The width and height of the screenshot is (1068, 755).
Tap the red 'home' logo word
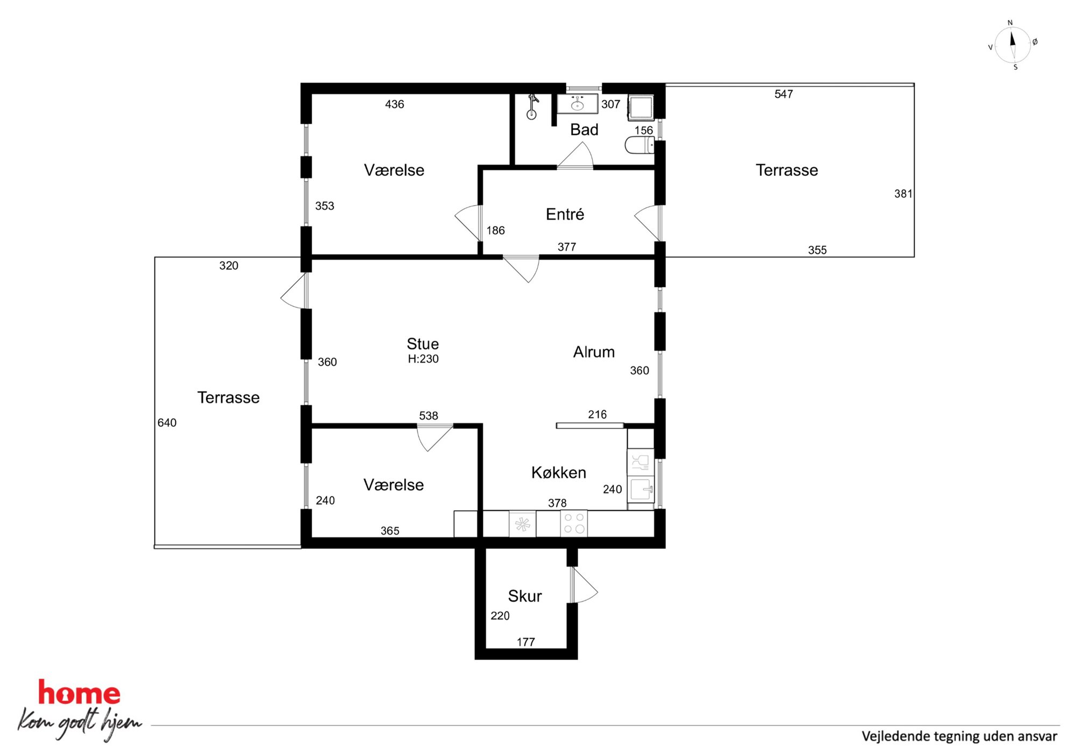(x=79, y=693)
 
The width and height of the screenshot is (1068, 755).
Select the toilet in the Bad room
(x=640, y=145)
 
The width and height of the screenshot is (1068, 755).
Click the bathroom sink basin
(x=577, y=104)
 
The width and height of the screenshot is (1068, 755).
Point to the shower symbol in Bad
(x=532, y=107)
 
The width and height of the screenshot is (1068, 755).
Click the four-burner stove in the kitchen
(x=574, y=524)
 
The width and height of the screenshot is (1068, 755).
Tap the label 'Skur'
(x=525, y=596)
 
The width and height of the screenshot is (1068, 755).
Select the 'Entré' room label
(x=565, y=214)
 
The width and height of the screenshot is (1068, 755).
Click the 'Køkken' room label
(x=559, y=472)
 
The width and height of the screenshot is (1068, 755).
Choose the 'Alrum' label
(x=594, y=352)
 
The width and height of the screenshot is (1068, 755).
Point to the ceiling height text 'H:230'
(x=423, y=359)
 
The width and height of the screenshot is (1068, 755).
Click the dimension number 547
(x=784, y=94)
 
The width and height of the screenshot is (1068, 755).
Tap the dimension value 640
(x=167, y=423)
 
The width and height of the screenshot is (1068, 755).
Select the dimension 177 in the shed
(x=526, y=642)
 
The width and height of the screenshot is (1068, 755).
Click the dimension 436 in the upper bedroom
(x=395, y=104)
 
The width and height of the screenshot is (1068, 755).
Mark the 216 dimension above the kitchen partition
(x=598, y=414)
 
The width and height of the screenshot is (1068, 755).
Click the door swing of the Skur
(x=585, y=585)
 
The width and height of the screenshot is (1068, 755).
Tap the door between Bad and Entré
(x=575, y=156)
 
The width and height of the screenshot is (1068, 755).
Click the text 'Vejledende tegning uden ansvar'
(x=959, y=736)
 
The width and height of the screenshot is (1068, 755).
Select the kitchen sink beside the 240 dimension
(x=641, y=489)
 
